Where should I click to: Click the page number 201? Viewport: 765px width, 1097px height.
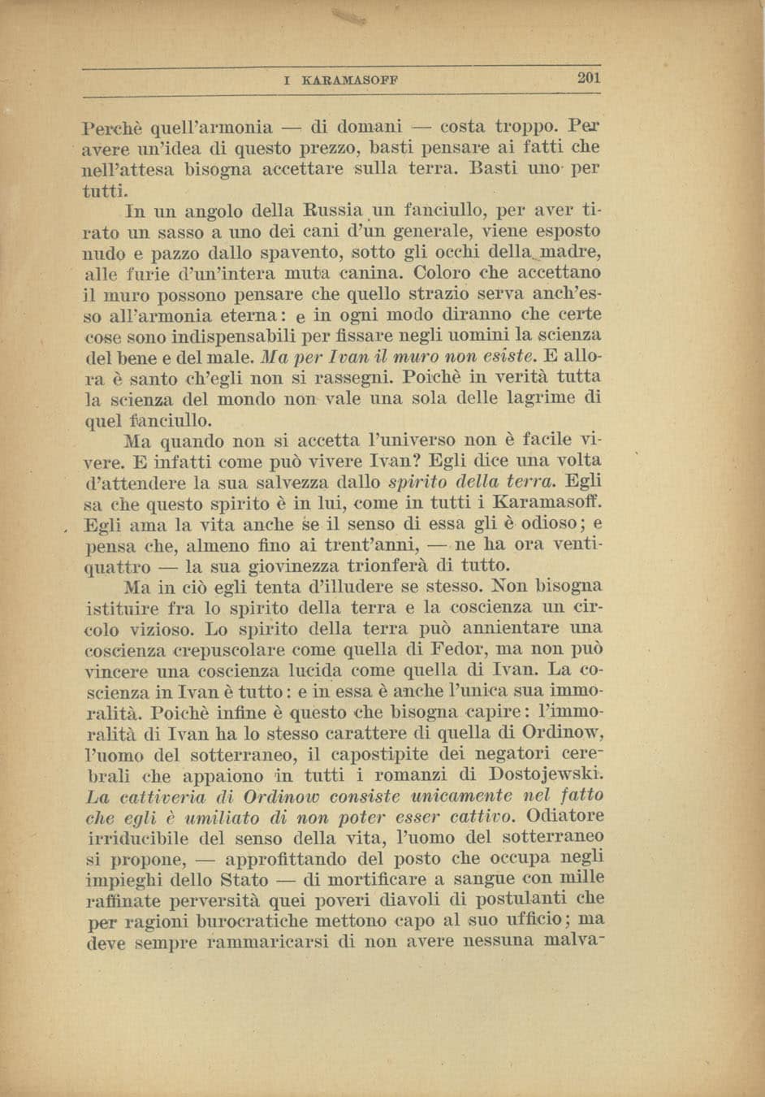coord(588,79)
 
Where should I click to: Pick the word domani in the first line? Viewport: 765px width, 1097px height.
coord(370,127)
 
